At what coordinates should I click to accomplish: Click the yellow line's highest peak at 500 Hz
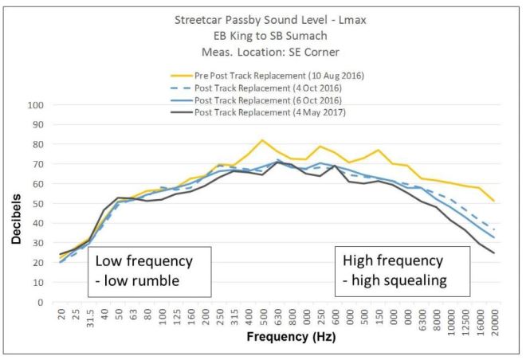click(x=262, y=140)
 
